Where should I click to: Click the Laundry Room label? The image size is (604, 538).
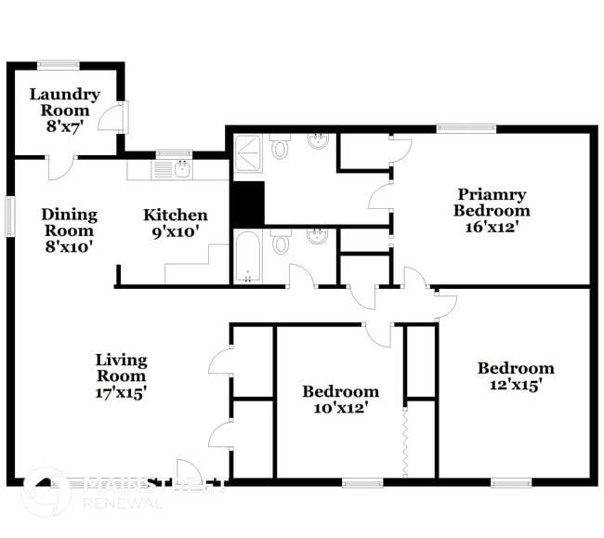tap(64, 94)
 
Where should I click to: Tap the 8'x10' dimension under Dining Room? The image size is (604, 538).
tap(69, 247)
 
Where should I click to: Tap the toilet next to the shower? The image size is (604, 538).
tap(280, 148)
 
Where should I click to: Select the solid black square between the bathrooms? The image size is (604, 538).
tap(247, 203)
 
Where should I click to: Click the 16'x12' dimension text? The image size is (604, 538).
tap(492, 226)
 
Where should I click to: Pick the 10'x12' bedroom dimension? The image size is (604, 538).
tap(340, 408)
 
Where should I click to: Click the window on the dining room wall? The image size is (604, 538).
tap(10, 216)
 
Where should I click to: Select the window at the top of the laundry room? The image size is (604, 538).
tap(58, 64)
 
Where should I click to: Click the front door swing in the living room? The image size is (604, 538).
tap(189, 471)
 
